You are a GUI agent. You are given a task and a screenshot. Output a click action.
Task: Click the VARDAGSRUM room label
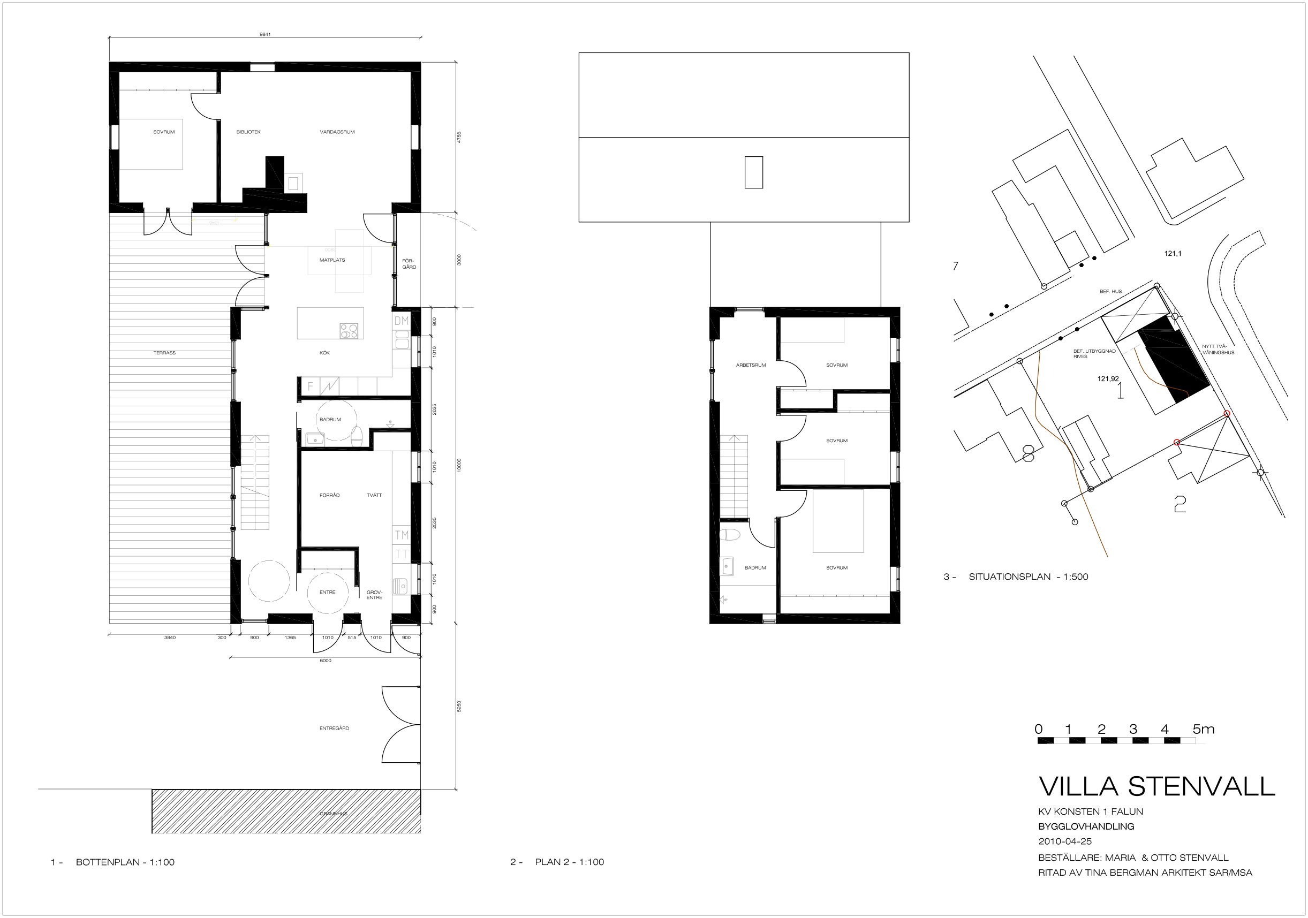(337, 132)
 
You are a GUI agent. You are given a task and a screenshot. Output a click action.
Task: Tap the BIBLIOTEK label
(248, 132)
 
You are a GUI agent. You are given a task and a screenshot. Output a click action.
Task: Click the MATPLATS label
(332, 260)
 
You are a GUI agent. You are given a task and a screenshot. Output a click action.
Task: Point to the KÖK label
(324, 353)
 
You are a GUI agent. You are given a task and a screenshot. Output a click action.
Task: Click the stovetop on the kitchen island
(349, 331)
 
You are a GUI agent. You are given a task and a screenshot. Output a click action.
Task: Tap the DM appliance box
(402, 321)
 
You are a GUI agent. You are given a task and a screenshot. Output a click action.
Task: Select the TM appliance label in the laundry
(402, 535)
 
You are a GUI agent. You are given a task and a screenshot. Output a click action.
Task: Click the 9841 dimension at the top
(265, 35)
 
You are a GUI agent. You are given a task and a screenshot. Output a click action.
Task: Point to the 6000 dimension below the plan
(326, 661)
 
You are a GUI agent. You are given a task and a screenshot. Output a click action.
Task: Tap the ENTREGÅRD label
(335, 729)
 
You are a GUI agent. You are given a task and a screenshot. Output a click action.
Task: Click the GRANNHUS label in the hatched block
(333, 814)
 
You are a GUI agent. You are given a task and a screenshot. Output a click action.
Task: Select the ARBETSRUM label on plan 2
(751, 365)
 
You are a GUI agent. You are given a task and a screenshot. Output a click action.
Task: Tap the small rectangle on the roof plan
(754, 172)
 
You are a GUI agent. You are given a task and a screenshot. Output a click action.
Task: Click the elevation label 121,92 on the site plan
(1108, 378)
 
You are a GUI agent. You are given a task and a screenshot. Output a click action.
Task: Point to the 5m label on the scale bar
(1204, 730)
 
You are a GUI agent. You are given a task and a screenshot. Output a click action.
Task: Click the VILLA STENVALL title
(1156, 786)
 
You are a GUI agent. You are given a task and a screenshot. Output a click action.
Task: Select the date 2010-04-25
(1065, 841)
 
